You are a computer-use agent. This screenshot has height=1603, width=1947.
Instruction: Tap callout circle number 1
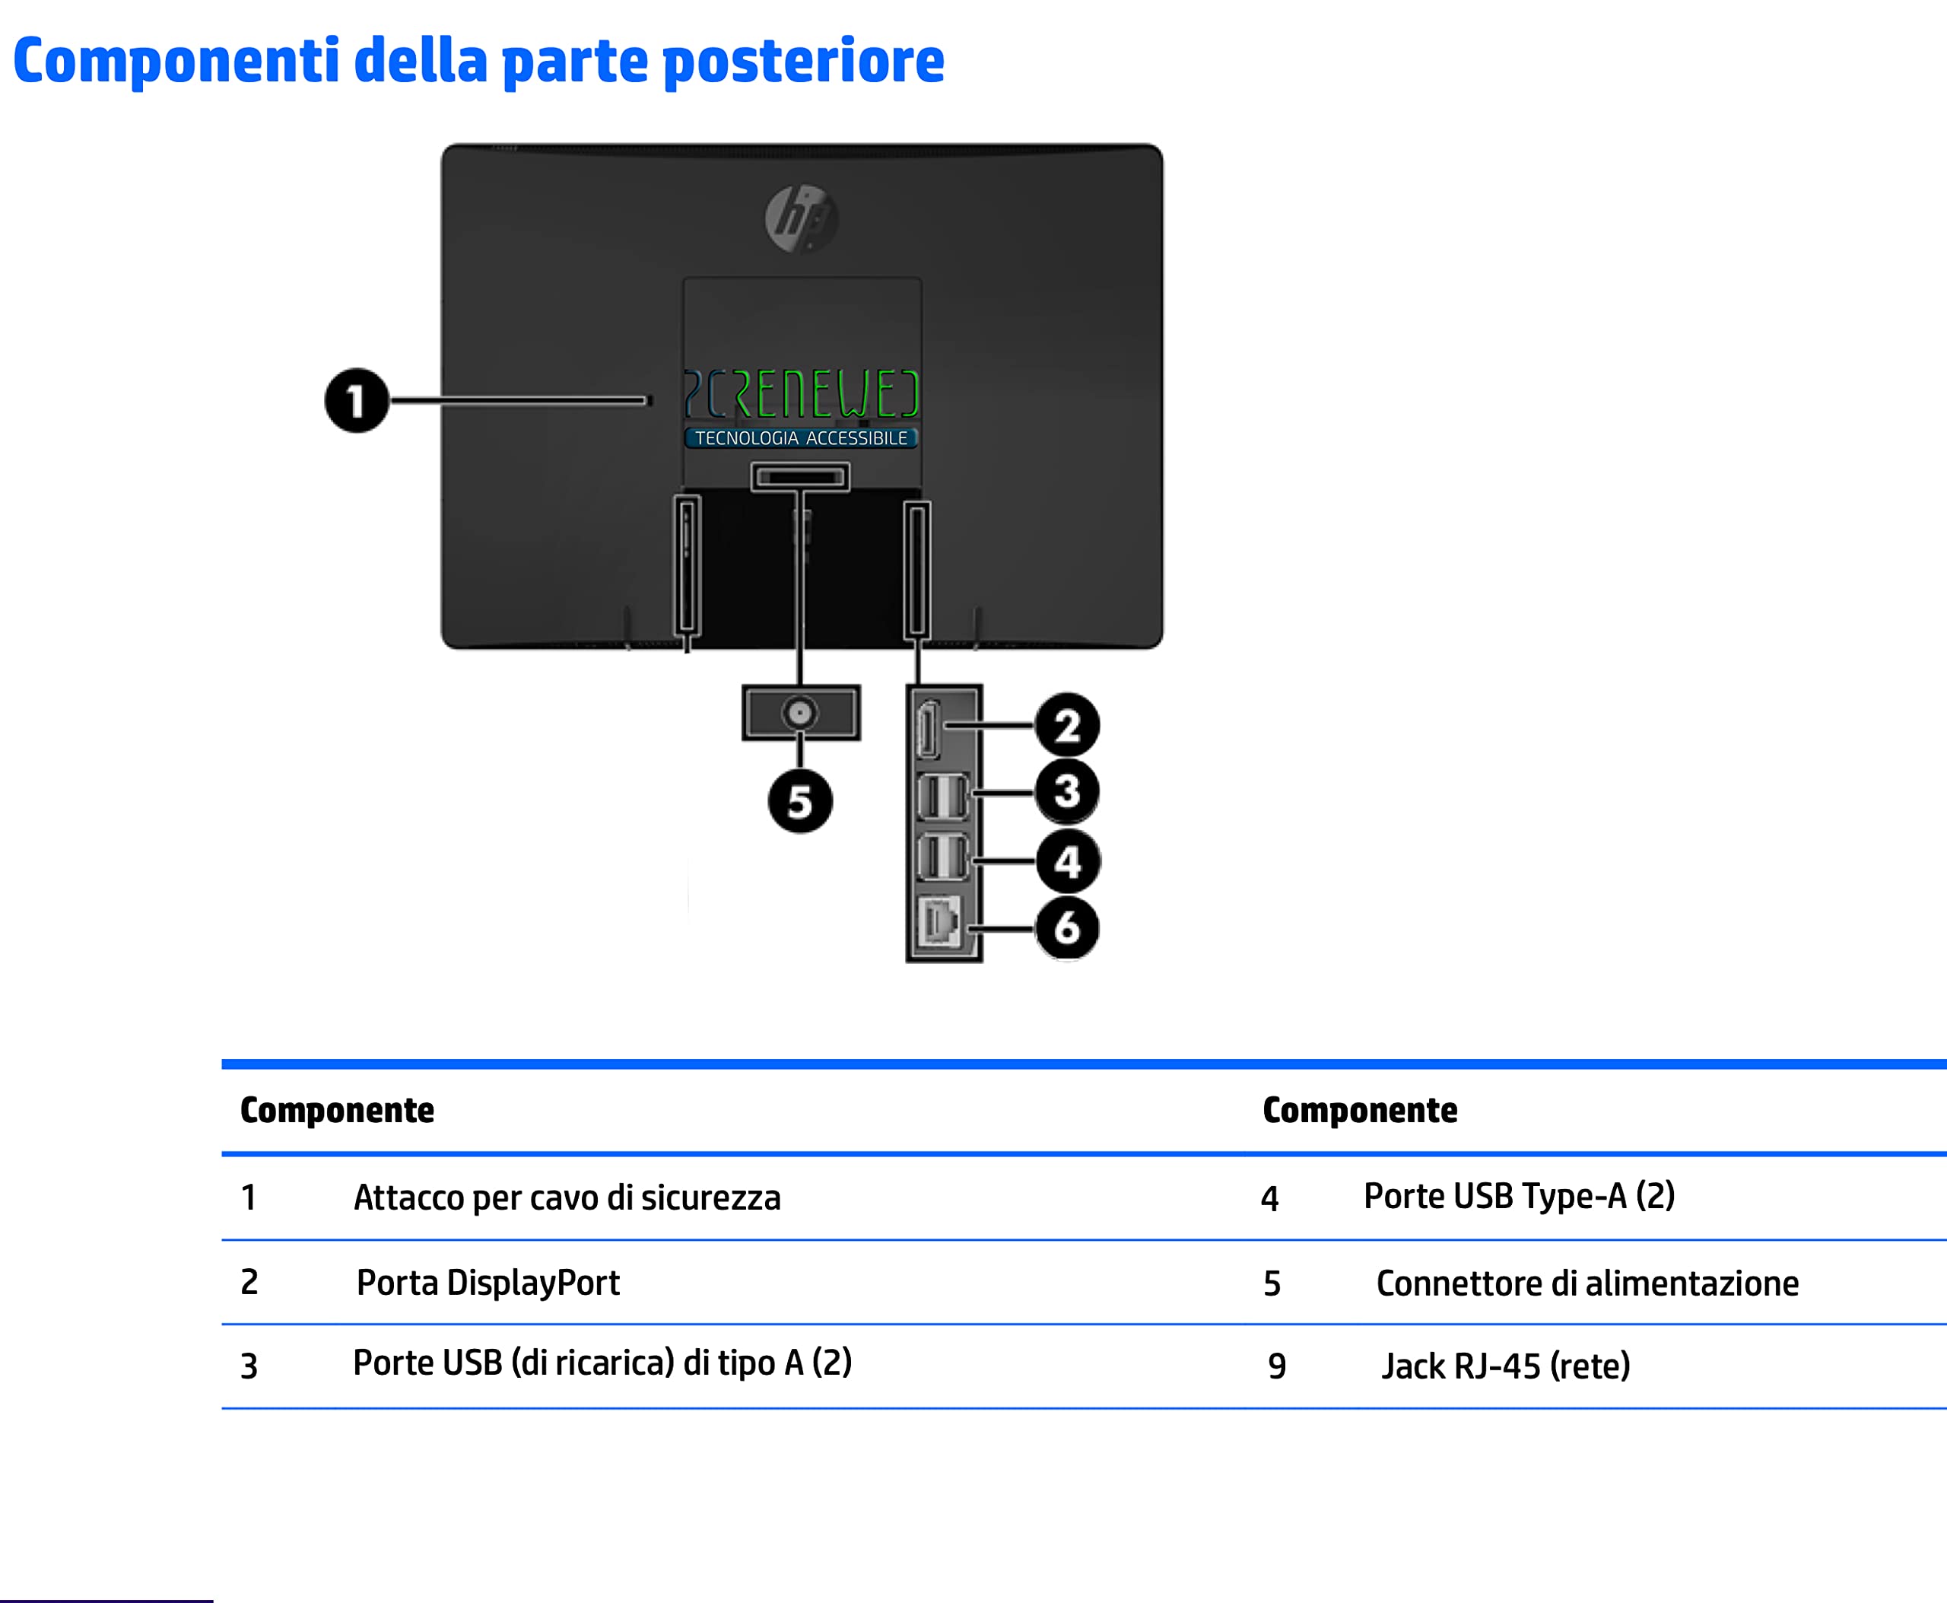tap(357, 401)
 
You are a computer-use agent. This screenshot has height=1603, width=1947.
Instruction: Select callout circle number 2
tap(1067, 726)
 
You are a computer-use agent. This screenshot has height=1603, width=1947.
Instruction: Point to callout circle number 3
tap(1067, 791)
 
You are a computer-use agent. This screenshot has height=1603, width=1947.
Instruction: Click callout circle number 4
tap(1067, 861)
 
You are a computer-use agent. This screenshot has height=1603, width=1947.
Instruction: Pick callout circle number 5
tap(799, 800)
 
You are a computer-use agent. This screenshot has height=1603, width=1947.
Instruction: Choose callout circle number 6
tap(1067, 927)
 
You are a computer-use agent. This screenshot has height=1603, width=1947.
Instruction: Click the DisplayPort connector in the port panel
tap(929, 730)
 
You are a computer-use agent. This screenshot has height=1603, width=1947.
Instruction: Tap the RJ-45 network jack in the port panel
tap(939, 922)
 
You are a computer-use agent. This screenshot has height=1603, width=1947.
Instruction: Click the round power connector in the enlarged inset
tap(799, 713)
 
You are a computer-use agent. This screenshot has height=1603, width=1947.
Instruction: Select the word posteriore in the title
tap(803, 62)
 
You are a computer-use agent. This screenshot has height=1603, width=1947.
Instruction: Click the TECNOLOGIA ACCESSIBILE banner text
tap(800, 437)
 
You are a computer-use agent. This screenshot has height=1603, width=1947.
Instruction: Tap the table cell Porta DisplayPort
tap(488, 1283)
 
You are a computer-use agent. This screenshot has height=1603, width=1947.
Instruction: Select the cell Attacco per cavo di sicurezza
tap(567, 1197)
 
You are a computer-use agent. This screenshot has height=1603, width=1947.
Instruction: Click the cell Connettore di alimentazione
tap(1587, 1283)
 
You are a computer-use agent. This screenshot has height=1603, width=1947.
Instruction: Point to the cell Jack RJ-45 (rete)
tap(1506, 1366)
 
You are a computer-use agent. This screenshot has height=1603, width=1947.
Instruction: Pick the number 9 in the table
tap(1277, 1366)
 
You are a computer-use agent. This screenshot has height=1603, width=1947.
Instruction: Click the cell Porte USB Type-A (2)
tap(1519, 1196)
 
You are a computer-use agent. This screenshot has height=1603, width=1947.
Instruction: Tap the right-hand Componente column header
tap(1360, 1110)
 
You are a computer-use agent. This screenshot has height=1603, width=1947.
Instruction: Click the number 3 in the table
tap(249, 1366)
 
